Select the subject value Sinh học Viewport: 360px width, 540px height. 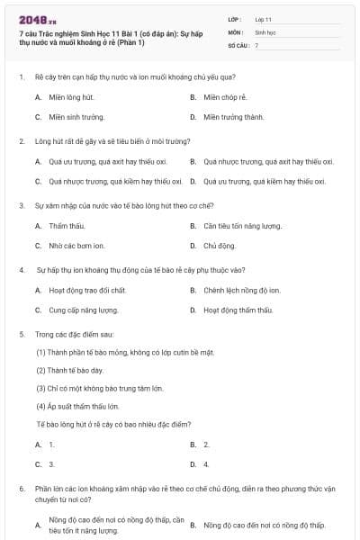point(265,31)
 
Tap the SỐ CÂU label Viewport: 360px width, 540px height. point(238,44)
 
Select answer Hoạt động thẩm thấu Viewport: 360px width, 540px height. point(238,310)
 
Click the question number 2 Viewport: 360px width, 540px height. point(22,141)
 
